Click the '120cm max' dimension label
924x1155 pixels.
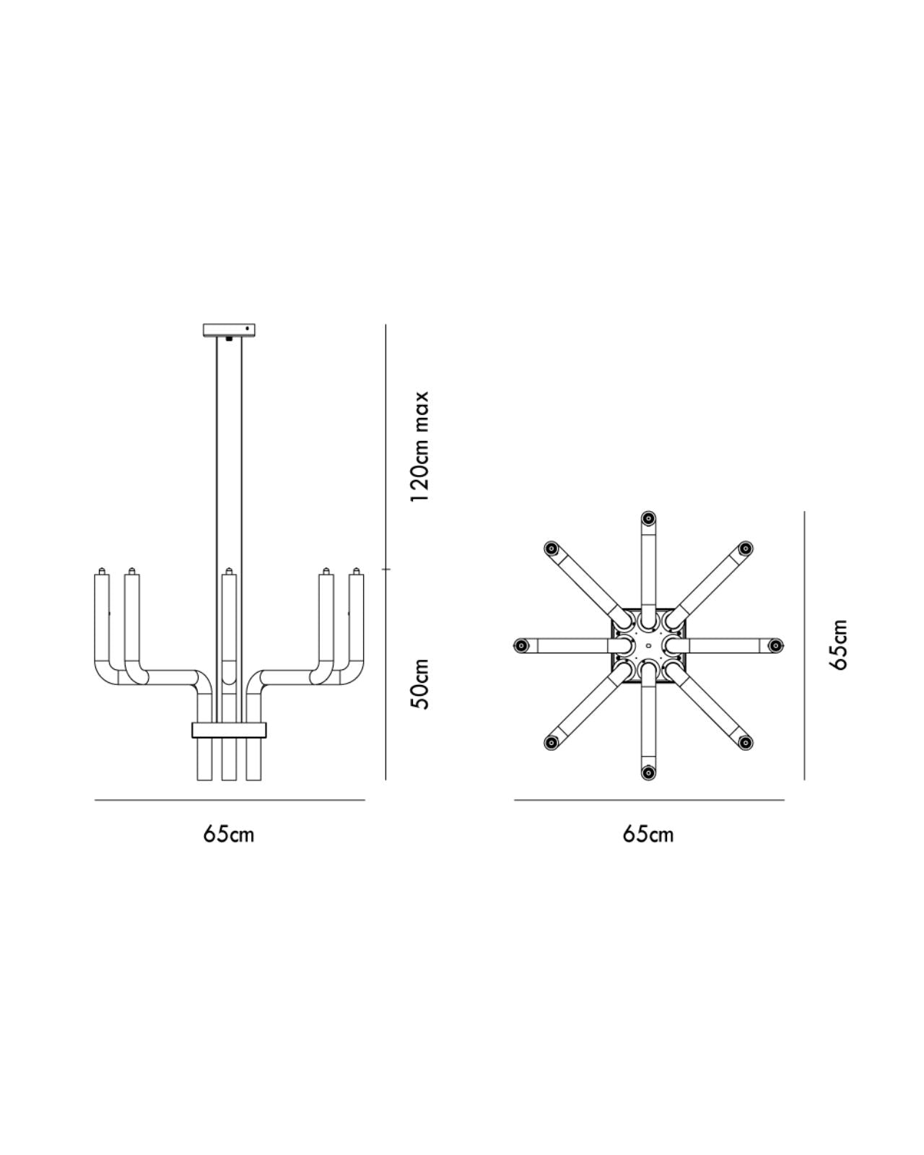[x=419, y=446]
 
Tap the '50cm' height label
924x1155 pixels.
[x=419, y=684]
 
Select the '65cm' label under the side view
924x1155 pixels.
[x=229, y=834]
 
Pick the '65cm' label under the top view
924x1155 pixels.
[x=648, y=834]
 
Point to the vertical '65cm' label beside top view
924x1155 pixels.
[x=838, y=645]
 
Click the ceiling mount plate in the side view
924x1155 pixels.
[x=229, y=330]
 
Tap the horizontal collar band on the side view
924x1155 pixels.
[x=229, y=730]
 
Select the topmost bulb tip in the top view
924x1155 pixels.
[x=648, y=518]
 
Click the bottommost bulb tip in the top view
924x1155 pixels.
[x=648, y=772]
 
